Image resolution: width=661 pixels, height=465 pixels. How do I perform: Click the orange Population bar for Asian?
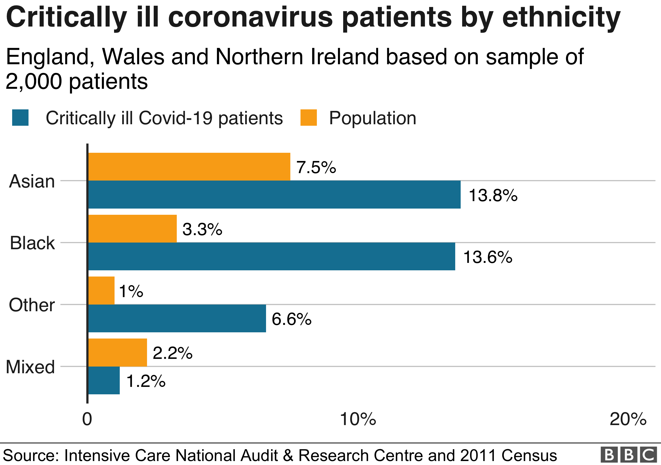click(x=189, y=167)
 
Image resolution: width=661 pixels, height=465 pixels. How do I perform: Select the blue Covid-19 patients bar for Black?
click(x=271, y=256)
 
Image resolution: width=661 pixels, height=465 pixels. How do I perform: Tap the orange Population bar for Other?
click(x=101, y=290)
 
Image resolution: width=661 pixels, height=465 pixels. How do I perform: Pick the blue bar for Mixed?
click(x=104, y=381)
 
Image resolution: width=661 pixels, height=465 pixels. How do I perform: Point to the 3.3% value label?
click(x=202, y=229)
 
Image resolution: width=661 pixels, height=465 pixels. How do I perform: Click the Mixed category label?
click(x=30, y=367)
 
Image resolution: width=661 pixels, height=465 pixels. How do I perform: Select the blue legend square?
click(x=20, y=118)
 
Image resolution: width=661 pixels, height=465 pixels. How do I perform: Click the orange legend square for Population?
click(x=308, y=118)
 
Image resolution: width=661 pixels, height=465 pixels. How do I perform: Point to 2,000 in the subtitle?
click(x=34, y=82)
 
